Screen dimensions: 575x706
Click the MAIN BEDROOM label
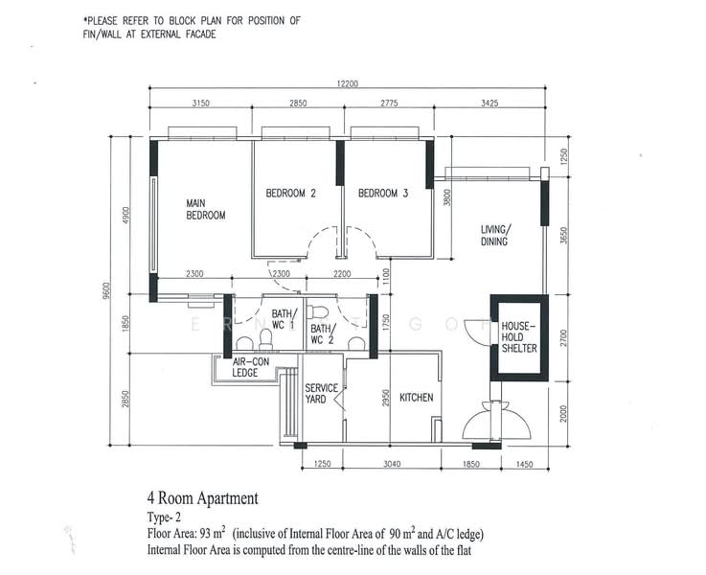click(205, 209)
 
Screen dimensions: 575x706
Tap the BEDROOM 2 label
click(290, 194)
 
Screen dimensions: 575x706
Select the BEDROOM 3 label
click(383, 194)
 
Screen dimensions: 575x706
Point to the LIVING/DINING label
click(495, 236)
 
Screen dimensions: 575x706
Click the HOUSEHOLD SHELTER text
click(518, 336)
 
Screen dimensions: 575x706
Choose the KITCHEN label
click(417, 397)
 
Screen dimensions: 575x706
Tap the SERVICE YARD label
click(321, 394)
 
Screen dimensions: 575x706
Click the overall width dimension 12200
click(347, 84)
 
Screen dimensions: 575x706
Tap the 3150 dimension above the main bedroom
click(201, 102)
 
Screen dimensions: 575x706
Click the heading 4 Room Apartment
click(202, 498)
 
